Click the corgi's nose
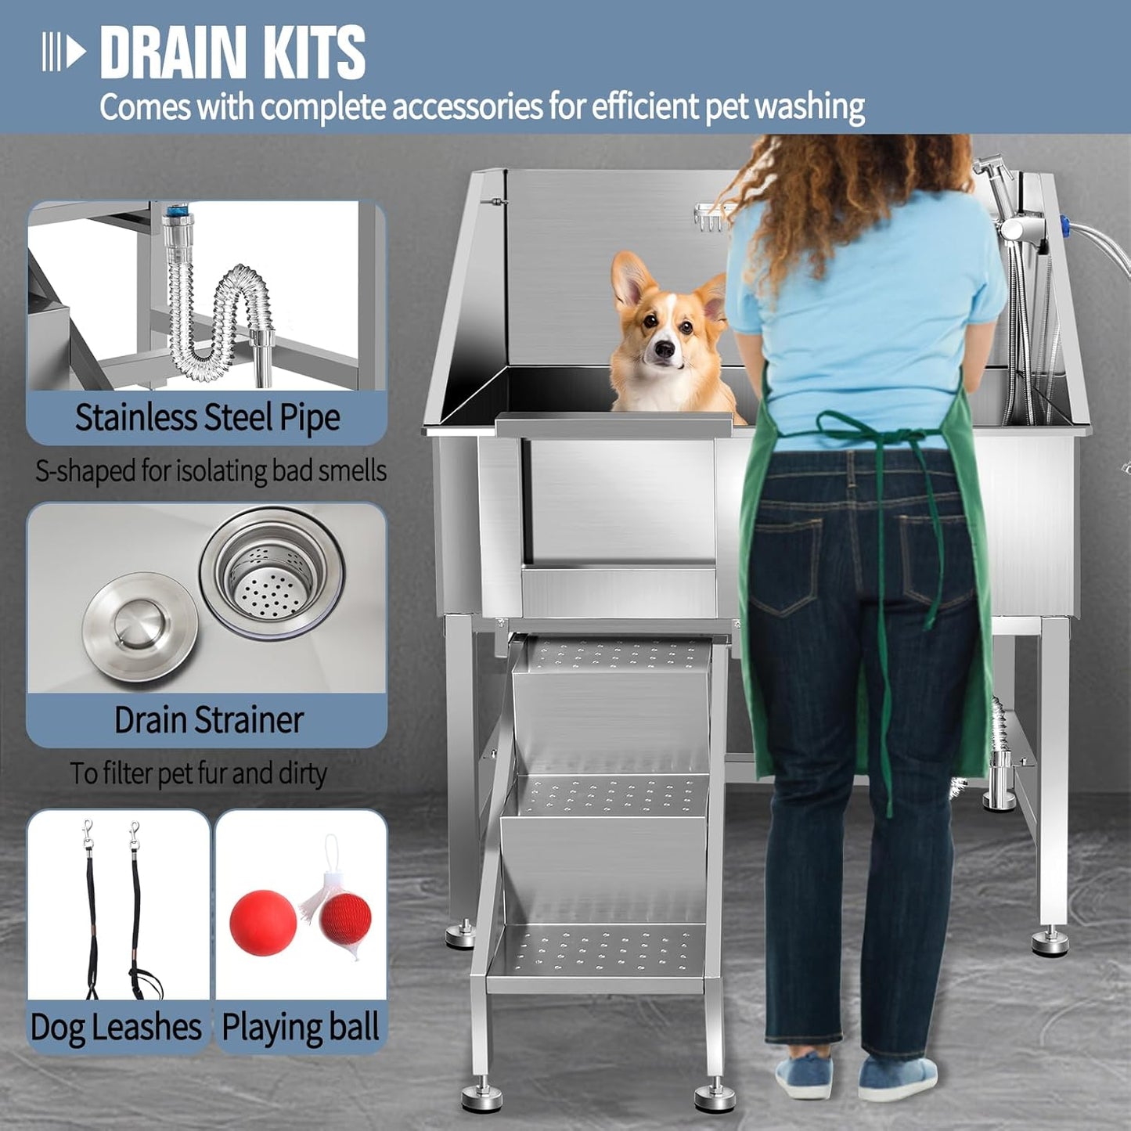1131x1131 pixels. (x=665, y=349)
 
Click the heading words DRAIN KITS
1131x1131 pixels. (x=232, y=52)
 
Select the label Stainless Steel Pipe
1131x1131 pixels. (x=207, y=418)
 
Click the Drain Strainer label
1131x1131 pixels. (x=208, y=720)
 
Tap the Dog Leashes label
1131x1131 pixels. (x=116, y=1027)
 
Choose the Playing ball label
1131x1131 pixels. (x=301, y=1027)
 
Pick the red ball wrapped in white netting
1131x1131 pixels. (x=345, y=920)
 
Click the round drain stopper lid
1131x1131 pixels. (x=139, y=626)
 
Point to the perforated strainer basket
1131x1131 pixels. (x=269, y=570)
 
